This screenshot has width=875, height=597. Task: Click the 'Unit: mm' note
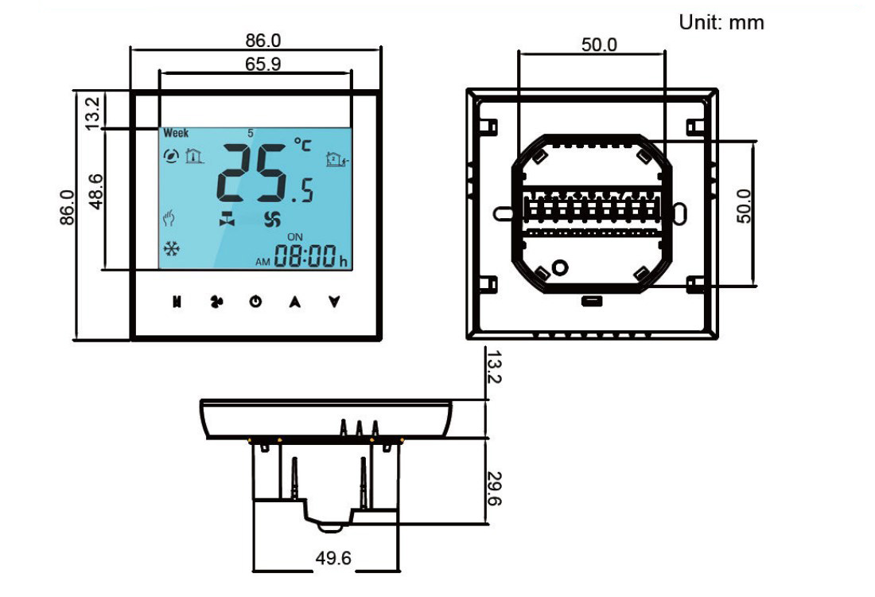721,23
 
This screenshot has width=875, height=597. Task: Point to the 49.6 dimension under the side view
333,558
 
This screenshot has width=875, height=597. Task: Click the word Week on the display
176,133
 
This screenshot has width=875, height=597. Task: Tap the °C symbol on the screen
303,145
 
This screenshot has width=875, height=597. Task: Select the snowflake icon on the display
171,249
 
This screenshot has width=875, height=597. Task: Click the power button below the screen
255,302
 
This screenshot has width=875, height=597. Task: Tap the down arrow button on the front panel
335,302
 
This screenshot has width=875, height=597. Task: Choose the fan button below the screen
216,302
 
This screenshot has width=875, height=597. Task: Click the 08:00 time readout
306,256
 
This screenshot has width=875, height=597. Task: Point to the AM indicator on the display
263,261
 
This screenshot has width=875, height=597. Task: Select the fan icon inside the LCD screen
272,220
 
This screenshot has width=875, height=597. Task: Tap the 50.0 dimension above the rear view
598,45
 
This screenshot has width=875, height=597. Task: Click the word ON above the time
295,236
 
